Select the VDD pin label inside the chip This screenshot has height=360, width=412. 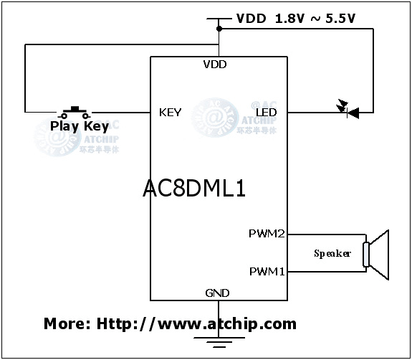pyautogui.click(x=214, y=65)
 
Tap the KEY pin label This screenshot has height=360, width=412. pyautogui.click(x=170, y=112)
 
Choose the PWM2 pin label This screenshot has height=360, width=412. pyautogui.click(x=267, y=234)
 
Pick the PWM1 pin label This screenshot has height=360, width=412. pyautogui.click(x=267, y=271)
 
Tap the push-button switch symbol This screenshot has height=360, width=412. pyautogui.click(x=75, y=111)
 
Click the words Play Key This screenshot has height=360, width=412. pyautogui.click(x=79, y=126)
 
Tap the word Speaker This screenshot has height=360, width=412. pyautogui.click(x=332, y=254)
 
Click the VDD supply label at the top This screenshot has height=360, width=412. pyautogui.click(x=251, y=19)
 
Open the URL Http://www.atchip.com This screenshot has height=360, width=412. pyautogui.click(x=196, y=323)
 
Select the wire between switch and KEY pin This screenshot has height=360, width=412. pyautogui.click(x=122, y=113)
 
